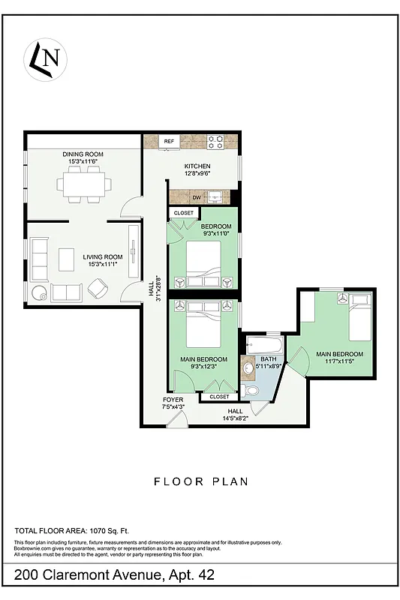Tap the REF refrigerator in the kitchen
click(169, 141)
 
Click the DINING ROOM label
click(83, 154)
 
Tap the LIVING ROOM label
click(102, 256)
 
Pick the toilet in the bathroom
click(252, 390)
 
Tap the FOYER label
click(173, 400)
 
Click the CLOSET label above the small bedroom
click(183, 213)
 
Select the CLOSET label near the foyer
click(219, 397)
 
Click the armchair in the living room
click(98, 287)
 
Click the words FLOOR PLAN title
click(200, 481)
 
